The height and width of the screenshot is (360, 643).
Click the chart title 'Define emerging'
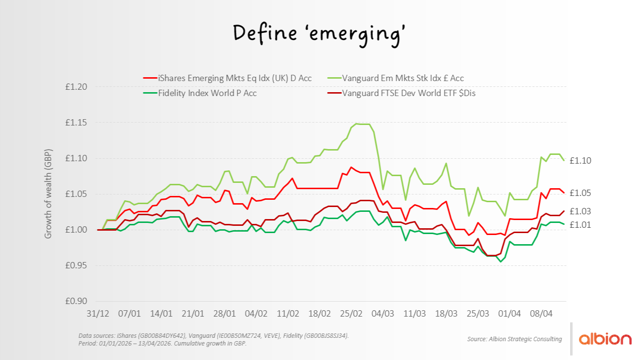(x=319, y=33)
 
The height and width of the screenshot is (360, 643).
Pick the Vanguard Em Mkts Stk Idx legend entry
(x=403, y=78)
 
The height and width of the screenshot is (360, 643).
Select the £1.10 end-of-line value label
(x=580, y=161)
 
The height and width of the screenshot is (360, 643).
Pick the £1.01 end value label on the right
(x=580, y=225)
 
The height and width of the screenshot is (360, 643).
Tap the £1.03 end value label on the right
(x=580, y=211)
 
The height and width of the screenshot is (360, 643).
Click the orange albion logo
(x=605, y=339)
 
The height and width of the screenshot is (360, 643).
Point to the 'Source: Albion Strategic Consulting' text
(x=514, y=339)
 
